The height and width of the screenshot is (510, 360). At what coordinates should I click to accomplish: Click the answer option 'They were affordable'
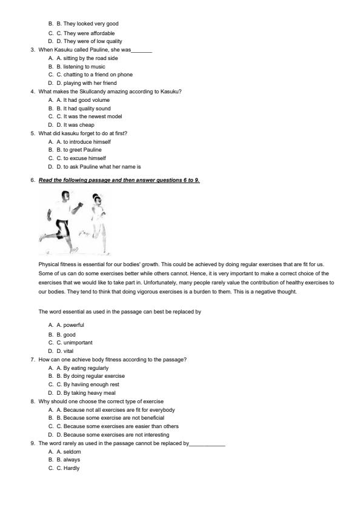point(88,33)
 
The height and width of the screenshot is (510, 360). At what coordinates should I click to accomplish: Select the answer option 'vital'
point(68,351)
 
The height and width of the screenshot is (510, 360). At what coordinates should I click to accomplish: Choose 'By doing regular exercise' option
point(94,376)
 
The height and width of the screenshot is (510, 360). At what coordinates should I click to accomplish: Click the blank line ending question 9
point(207,444)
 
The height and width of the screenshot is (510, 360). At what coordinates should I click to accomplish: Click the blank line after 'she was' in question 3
point(141,50)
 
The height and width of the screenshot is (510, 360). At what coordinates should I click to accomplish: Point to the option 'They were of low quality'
point(93,42)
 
